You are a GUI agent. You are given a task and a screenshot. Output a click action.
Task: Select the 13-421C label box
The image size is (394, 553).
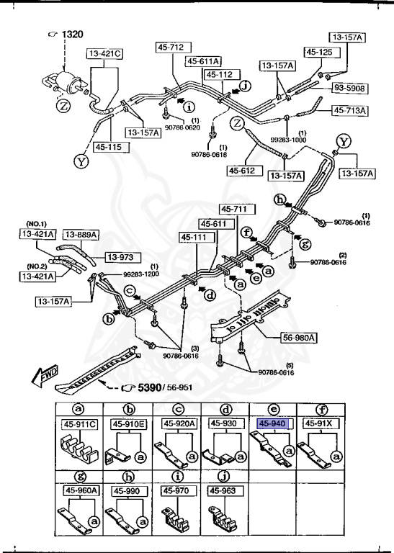[105, 53]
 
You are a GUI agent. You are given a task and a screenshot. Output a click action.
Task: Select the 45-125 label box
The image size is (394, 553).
[321, 52]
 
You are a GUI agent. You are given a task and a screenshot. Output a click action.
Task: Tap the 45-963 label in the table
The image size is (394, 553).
[223, 490]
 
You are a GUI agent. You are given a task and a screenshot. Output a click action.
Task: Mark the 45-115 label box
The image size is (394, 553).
[104, 147]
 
